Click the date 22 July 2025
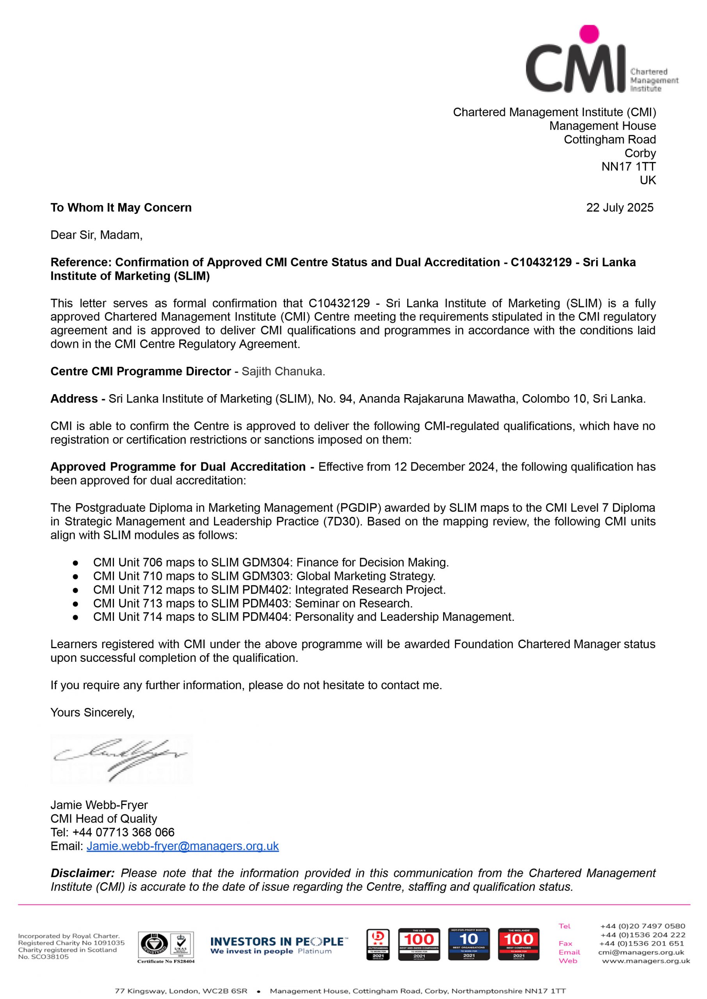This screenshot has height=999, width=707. [620, 208]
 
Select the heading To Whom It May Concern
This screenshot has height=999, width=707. [121, 208]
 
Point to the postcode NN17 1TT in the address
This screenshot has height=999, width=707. [628, 167]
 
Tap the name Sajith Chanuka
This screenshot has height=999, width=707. [283, 371]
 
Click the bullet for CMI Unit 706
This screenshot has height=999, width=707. [76, 563]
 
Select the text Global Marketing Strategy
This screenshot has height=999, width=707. [365, 576]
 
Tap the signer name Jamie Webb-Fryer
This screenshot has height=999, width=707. [99, 805]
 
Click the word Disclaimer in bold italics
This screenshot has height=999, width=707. [83, 873]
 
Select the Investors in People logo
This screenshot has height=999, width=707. [279, 945]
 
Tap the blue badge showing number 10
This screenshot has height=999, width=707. [469, 944]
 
